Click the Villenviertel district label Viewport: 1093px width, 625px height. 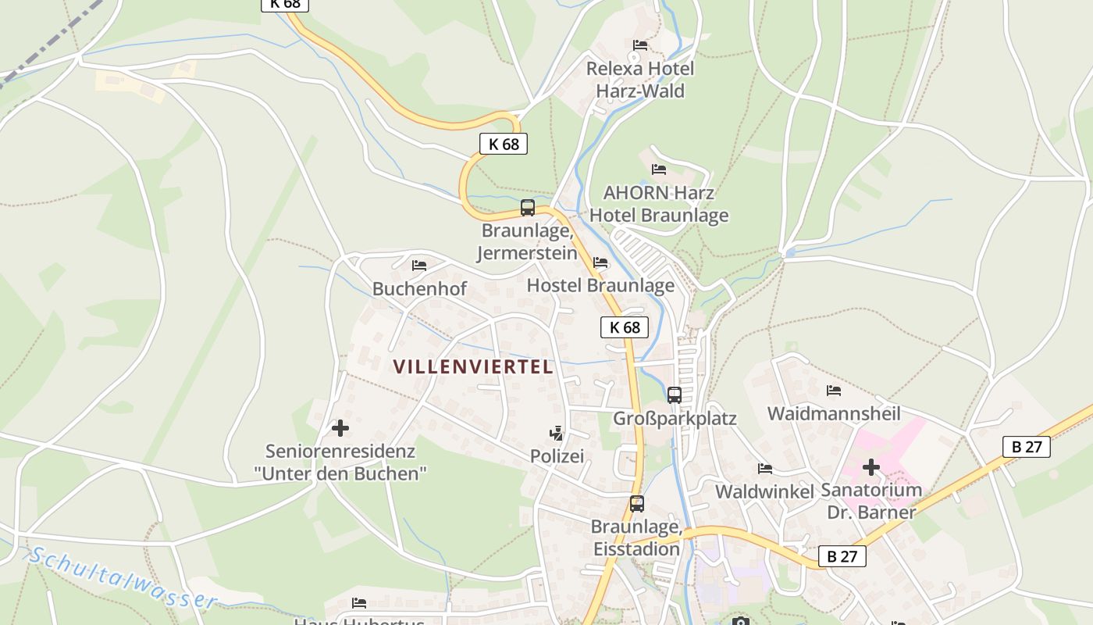[x=473, y=366]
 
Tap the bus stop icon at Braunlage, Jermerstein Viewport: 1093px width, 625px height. [x=528, y=208]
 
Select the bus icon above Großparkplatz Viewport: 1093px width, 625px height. [x=675, y=395]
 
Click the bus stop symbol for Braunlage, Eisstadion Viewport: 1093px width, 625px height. [x=637, y=504]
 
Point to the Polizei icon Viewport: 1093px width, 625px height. [x=556, y=433]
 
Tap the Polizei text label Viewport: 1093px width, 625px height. [x=557, y=456]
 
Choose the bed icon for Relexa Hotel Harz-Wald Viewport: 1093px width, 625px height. [x=640, y=45]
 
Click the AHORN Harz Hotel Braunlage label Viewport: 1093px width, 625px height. [x=659, y=204]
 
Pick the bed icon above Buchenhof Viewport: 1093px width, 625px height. [x=419, y=266]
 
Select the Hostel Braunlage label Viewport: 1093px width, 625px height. [x=600, y=285]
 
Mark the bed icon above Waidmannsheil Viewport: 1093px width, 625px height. [x=834, y=391]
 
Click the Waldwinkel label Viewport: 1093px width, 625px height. [x=764, y=491]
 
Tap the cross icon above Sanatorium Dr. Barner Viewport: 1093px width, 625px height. [x=870, y=468]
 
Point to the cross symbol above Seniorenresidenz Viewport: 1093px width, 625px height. [x=340, y=428]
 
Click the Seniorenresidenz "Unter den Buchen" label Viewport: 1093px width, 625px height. [x=340, y=462]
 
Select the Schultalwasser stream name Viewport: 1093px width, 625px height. [x=123, y=579]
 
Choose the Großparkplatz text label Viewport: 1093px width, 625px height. [x=675, y=419]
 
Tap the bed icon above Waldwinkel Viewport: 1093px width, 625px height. [x=765, y=469]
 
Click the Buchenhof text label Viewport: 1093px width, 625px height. [x=419, y=289]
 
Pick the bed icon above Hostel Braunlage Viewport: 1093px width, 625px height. [x=600, y=262]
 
